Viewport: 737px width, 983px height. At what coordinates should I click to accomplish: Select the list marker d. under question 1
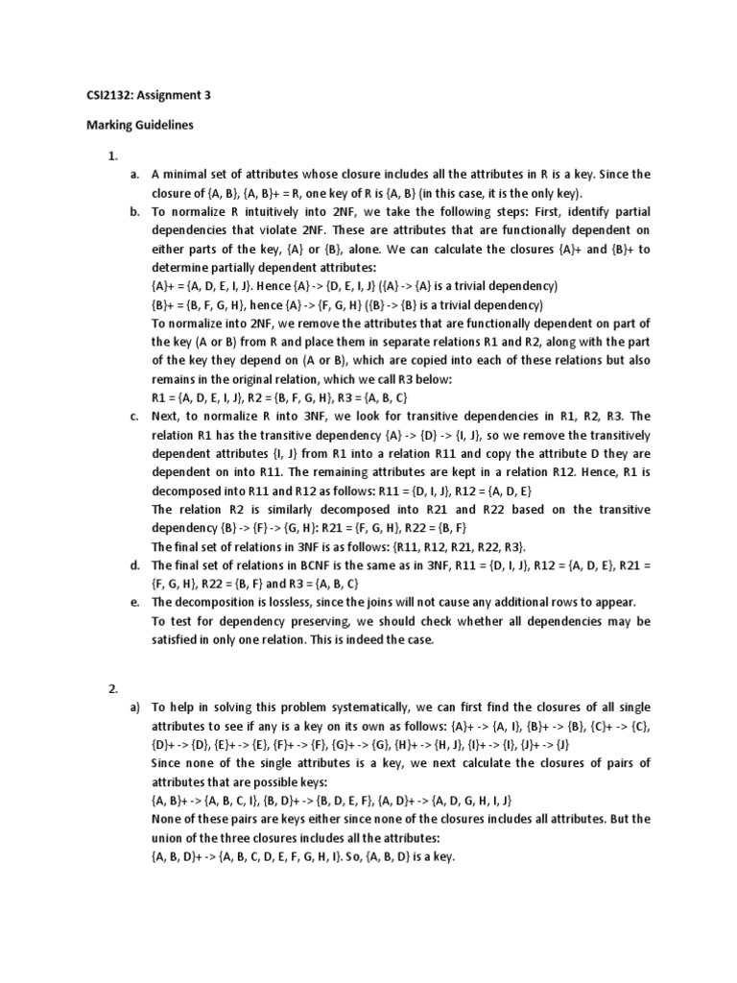pos(134,564)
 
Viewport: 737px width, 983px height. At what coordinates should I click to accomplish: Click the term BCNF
pos(297,564)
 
